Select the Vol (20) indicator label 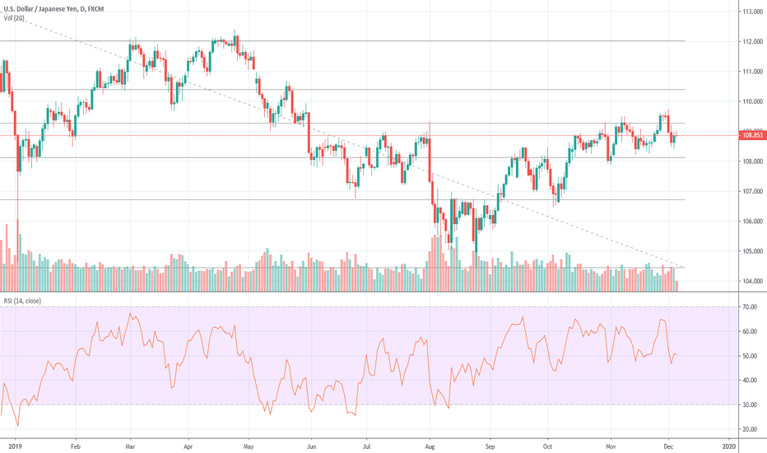click(x=13, y=18)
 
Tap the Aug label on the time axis click(x=429, y=445)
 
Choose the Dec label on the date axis click(x=667, y=445)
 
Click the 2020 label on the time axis click(x=727, y=445)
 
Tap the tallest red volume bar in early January click(x=18, y=255)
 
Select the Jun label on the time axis click(x=311, y=445)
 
